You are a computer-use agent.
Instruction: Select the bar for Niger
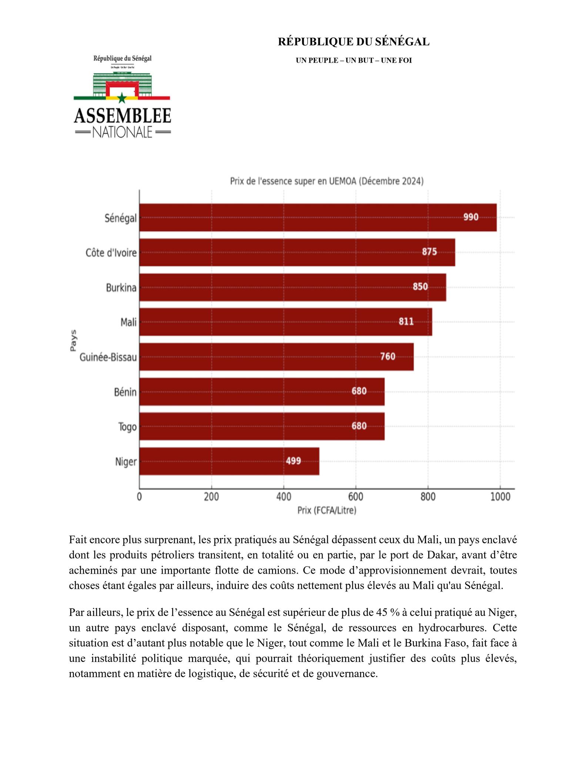click(229, 461)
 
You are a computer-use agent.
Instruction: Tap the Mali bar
click(285, 322)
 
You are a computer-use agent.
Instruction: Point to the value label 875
click(429, 252)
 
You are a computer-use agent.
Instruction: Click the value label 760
click(388, 357)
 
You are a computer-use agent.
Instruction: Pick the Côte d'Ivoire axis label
click(111, 253)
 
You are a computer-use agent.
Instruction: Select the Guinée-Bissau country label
click(108, 357)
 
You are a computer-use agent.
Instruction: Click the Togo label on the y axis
click(127, 427)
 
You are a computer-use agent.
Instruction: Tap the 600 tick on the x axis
click(355, 497)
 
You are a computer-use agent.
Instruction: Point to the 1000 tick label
click(500, 497)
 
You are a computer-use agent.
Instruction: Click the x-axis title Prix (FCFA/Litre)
click(327, 511)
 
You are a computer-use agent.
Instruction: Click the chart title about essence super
click(327, 182)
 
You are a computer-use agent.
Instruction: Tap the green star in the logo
click(122, 98)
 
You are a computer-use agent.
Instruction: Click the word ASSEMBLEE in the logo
click(122, 116)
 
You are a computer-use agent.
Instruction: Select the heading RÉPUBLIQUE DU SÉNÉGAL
click(354, 42)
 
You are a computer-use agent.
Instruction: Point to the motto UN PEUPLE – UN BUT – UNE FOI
click(354, 60)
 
